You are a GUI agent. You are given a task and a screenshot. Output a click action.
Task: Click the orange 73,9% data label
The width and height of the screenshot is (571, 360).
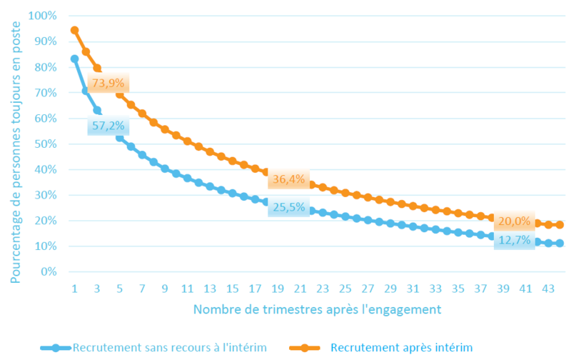[x=108, y=83]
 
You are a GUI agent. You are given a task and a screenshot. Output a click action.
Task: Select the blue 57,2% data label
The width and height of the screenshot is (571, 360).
[x=108, y=126]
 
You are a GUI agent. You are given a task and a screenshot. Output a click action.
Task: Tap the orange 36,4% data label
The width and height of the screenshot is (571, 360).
[x=289, y=179]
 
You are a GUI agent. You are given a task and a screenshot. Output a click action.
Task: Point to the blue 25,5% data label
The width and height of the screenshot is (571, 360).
[x=289, y=207]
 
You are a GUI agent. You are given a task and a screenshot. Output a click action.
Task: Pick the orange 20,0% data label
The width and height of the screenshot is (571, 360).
[x=514, y=221]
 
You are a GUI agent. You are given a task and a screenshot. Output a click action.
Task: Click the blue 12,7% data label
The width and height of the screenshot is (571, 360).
[x=514, y=240]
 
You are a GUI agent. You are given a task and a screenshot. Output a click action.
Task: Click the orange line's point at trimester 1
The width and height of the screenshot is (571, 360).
[x=75, y=30]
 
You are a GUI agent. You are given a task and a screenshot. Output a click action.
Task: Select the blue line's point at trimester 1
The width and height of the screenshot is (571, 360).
[x=75, y=59]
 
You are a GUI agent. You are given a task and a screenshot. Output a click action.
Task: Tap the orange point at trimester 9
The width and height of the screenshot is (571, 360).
[x=165, y=129]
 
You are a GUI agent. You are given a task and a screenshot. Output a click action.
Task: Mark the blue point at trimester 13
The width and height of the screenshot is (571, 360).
[x=210, y=186]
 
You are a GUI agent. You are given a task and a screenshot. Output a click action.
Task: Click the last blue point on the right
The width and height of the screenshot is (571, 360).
[x=560, y=243]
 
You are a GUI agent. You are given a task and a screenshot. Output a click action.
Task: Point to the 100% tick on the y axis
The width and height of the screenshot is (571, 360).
[x=43, y=16]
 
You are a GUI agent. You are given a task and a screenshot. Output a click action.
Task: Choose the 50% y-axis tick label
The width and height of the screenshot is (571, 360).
[x=46, y=144]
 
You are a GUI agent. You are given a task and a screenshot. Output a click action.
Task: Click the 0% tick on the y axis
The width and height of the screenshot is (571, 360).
[x=49, y=272]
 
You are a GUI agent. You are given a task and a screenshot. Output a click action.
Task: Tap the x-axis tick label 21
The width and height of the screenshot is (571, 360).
[x=300, y=289]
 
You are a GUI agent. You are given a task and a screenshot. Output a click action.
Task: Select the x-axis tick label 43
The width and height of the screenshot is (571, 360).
[x=548, y=289]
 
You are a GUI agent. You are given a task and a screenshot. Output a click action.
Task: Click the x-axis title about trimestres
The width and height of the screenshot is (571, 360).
[x=317, y=309]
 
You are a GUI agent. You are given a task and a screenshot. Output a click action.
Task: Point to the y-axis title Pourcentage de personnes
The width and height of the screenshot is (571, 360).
[x=15, y=152]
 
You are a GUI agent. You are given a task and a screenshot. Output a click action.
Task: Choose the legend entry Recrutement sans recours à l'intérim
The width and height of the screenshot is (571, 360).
[x=153, y=348]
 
